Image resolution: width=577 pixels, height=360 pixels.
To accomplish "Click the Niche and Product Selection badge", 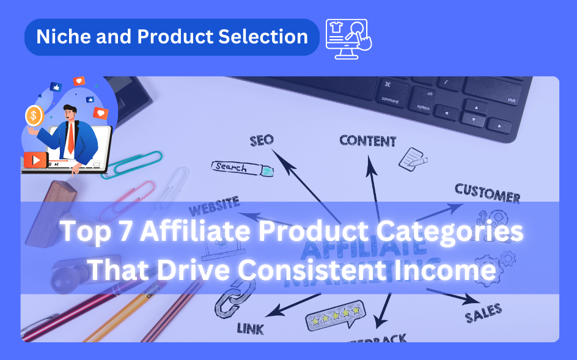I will [x=172, y=37].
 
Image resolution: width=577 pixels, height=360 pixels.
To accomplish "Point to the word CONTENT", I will [x=368, y=141].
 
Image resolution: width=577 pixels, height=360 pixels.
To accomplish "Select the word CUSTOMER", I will [x=488, y=192].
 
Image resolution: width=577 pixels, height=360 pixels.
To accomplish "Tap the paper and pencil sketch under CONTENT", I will [x=413, y=158].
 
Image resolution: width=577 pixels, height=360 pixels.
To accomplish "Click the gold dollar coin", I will [x=34, y=115].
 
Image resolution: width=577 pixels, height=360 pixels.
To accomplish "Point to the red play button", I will [x=36, y=160].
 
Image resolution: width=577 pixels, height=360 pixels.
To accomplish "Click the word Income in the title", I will [x=456, y=270].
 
